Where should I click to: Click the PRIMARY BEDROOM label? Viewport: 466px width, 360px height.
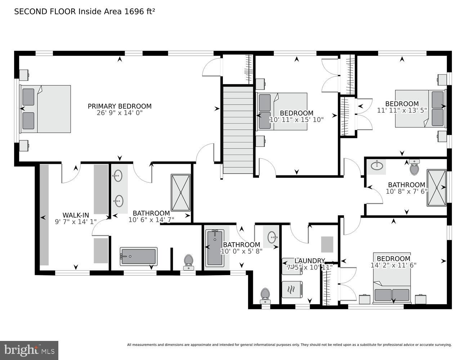120,106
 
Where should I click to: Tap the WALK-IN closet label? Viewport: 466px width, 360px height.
76,215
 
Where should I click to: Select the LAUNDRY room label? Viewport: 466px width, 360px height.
310,261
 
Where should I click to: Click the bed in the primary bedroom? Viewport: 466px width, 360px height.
46,109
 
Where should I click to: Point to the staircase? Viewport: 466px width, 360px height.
238,130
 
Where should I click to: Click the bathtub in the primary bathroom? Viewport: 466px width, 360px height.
138,257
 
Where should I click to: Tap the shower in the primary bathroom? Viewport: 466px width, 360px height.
181,193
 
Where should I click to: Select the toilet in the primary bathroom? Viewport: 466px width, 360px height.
188,262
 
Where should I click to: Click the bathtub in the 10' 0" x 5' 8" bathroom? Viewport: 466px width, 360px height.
215,248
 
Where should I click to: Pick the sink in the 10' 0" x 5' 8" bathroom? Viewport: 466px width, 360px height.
273,237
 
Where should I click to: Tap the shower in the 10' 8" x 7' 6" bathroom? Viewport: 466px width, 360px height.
436,188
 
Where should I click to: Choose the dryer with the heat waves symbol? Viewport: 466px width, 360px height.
292,289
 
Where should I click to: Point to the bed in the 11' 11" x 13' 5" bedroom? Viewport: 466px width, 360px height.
420,108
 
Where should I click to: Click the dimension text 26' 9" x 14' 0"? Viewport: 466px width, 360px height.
120,113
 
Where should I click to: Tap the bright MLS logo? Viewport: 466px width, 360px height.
29,350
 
